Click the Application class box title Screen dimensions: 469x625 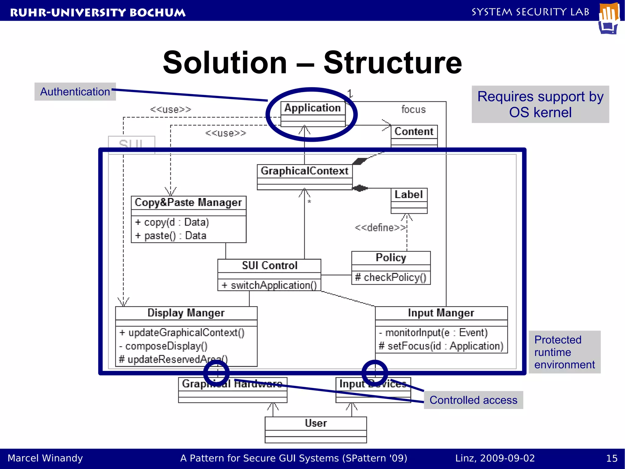(x=312, y=108)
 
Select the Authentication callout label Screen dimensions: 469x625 (x=75, y=92)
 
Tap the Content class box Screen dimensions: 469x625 (x=414, y=132)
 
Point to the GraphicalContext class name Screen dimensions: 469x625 (x=304, y=171)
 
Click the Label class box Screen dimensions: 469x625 (x=409, y=195)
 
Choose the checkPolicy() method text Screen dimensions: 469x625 (x=391, y=277)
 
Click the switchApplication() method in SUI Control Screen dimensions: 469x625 (x=269, y=285)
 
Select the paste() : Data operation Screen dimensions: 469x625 (x=171, y=236)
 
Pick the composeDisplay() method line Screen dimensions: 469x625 (x=164, y=346)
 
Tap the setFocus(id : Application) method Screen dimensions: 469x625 (x=441, y=346)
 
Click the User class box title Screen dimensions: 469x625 (x=316, y=423)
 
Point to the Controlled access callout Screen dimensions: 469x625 (x=473, y=400)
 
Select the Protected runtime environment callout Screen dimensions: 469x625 (x=564, y=352)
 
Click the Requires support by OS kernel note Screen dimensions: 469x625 (x=540, y=104)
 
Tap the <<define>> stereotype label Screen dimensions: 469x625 (x=380, y=228)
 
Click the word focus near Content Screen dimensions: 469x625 (x=413, y=110)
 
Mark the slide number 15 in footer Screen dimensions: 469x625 (x=612, y=458)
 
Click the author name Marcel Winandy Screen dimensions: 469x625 (x=45, y=458)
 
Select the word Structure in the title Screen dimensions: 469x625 (x=393, y=63)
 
